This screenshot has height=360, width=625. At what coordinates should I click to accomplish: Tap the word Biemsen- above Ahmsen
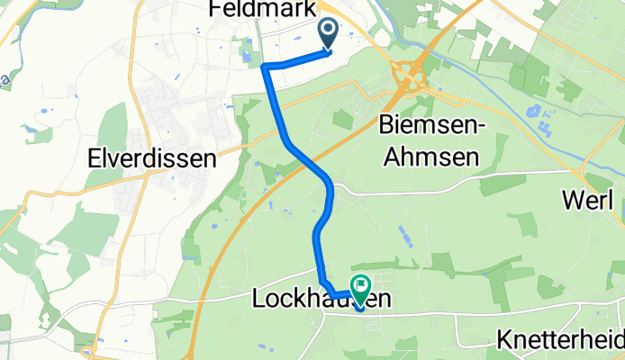click(x=436, y=124)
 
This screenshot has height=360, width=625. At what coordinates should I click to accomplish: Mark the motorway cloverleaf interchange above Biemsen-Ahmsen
click(x=409, y=78)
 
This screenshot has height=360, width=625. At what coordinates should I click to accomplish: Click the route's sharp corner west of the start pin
click(x=264, y=66)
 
